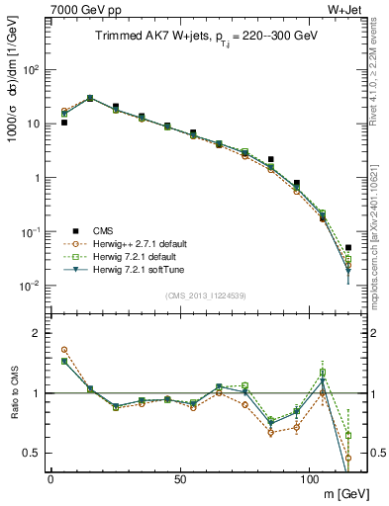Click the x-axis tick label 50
point(179,477)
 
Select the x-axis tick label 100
point(309,477)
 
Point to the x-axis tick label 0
point(50,477)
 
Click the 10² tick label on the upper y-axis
point(32,70)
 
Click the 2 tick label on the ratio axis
point(37,333)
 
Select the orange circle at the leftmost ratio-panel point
point(64,350)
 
